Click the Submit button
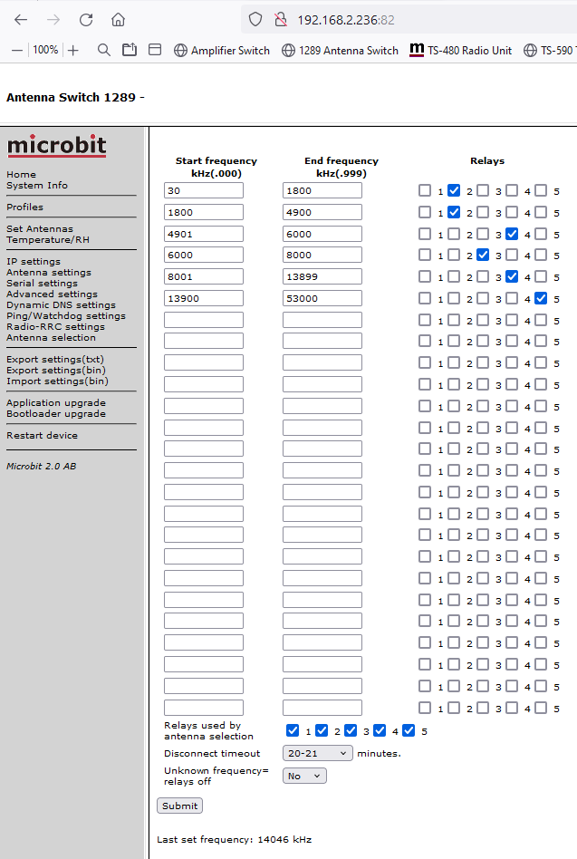tap(179, 806)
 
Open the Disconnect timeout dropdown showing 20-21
tap(318, 753)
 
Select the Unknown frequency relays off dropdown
tap(304, 776)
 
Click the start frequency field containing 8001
tap(204, 276)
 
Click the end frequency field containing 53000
tap(322, 298)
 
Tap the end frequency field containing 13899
tap(322, 276)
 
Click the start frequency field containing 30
tap(204, 190)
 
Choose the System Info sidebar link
tap(37, 186)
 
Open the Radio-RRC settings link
tap(55, 327)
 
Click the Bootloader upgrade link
tap(56, 414)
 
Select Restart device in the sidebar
tap(42, 436)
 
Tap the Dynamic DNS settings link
tap(61, 305)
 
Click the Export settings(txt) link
tap(55, 360)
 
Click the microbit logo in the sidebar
tap(56, 146)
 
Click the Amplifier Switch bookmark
tap(221, 51)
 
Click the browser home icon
tap(118, 19)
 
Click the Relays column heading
tap(487, 161)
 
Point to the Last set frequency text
tap(234, 840)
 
